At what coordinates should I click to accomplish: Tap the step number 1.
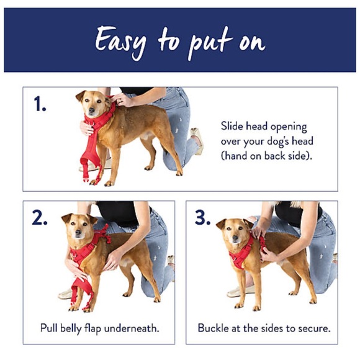pyautogui.click(x=40, y=104)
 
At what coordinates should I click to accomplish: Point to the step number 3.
pyautogui.click(x=202, y=217)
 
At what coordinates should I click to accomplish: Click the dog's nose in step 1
pyautogui.click(x=92, y=110)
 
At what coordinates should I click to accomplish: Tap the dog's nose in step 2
pyautogui.click(x=78, y=233)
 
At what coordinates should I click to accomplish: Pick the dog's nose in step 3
pyautogui.click(x=236, y=238)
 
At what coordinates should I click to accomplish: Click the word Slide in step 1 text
pyautogui.click(x=232, y=126)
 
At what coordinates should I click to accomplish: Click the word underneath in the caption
pyautogui.click(x=132, y=328)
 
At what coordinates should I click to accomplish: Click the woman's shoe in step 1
pyautogui.click(x=197, y=140)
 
